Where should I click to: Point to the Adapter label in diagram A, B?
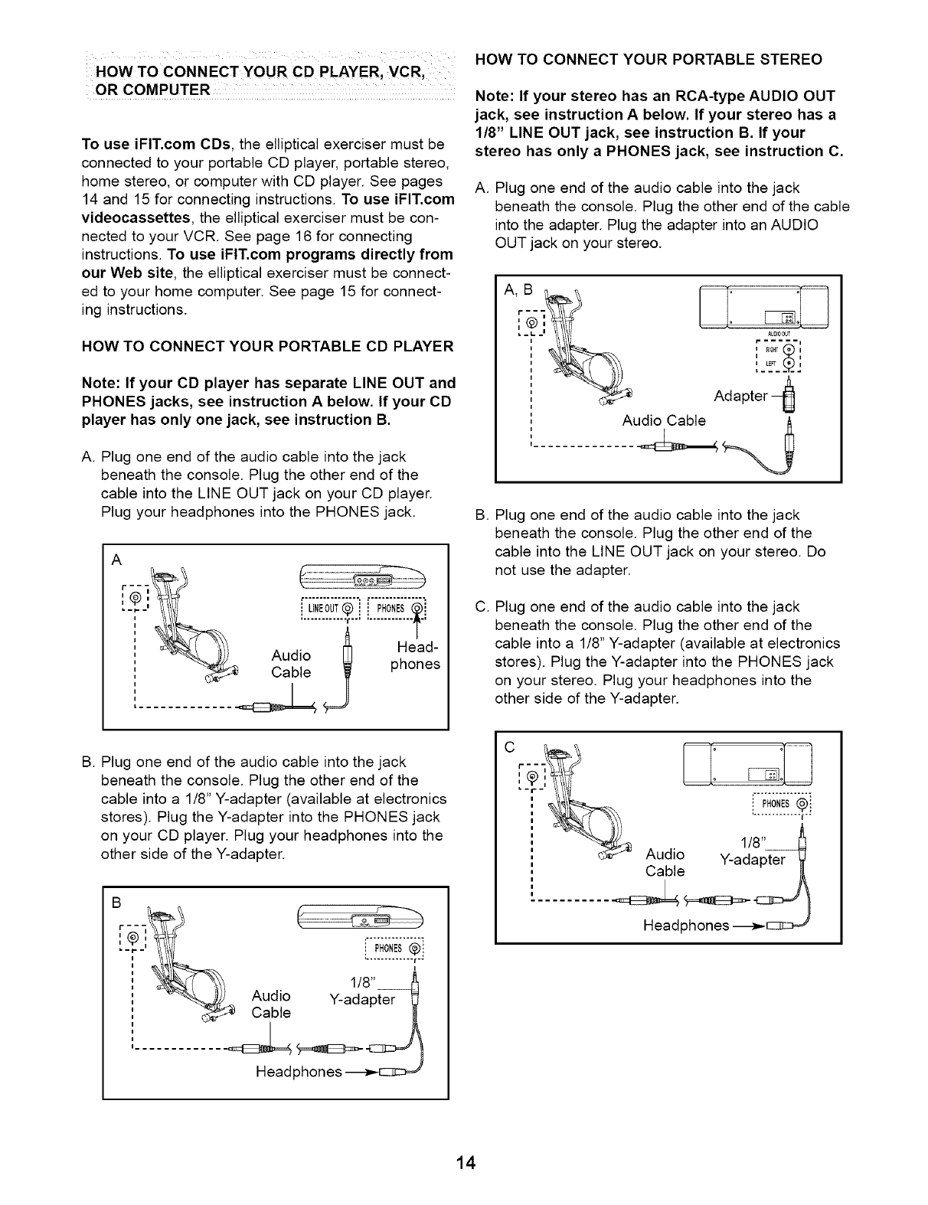tap(740, 396)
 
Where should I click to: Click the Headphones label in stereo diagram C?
tap(685, 926)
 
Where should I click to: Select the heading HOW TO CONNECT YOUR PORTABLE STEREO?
tap(649, 59)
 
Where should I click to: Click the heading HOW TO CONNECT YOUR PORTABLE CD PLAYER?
tap(267, 346)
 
